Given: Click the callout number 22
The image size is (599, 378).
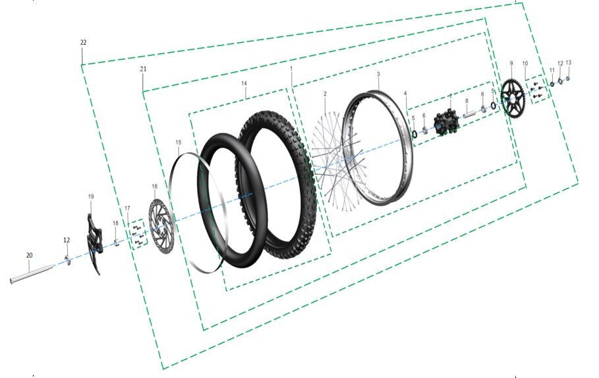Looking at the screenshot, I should coord(83,42).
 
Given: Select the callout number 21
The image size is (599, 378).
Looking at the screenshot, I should coord(143,69).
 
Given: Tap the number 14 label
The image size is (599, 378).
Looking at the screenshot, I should coord(244,84).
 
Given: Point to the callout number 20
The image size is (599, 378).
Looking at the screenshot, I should coord(29,255).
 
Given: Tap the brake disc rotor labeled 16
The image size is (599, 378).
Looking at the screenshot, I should coord(159,227).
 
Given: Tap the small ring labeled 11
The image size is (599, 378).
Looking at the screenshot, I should coord(552,84).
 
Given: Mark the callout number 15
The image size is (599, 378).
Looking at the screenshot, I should coord(178,142).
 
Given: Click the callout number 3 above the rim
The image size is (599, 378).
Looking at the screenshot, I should coord(378,75).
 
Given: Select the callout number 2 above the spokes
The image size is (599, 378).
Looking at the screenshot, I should coord(325,94).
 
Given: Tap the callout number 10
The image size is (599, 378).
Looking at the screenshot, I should coord(525,63).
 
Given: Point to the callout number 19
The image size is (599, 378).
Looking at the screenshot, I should coord(91,197).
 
